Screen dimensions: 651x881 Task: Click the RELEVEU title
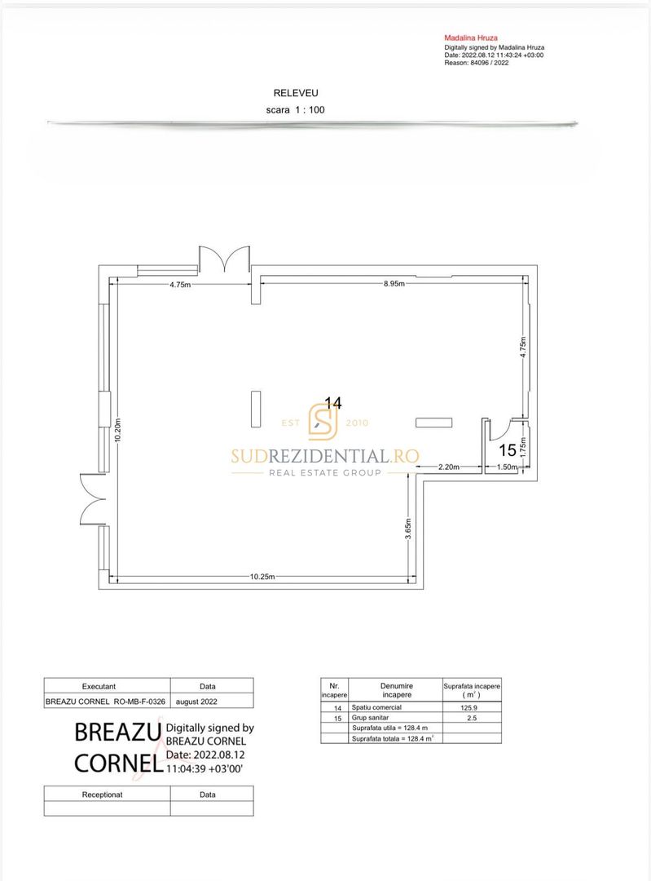(x=296, y=93)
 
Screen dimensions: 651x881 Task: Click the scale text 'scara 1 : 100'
(x=295, y=109)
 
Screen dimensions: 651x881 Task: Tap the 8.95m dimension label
(x=394, y=284)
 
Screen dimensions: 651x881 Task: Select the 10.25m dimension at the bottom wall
(x=262, y=577)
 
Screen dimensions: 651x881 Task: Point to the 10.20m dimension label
(x=117, y=431)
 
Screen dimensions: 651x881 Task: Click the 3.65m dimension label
(x=408, y=529)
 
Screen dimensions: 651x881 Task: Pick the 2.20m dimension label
(x=448, y=467)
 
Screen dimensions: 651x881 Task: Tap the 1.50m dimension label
(x=507, y=467)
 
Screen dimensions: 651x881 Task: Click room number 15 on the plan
(x=508, y=450)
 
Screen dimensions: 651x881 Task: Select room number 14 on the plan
(x=332, y=403)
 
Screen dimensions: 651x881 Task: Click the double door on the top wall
(x=225, y=259)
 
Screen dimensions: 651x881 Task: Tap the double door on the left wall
(x=93, y=499)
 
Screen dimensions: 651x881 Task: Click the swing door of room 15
(x=499, y=429)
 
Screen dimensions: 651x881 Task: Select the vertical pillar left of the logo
(x=256, y=409)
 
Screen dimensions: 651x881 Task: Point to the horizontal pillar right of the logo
(x=433, y=423)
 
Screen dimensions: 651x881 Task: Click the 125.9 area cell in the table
(x=468, y=707)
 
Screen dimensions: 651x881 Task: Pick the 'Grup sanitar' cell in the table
(x=370, y=718)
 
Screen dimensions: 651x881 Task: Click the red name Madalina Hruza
(x=471, y=38)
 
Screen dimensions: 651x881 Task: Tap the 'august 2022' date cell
(x=196, y=702)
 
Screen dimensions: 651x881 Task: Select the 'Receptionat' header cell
(x=102, y=795)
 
